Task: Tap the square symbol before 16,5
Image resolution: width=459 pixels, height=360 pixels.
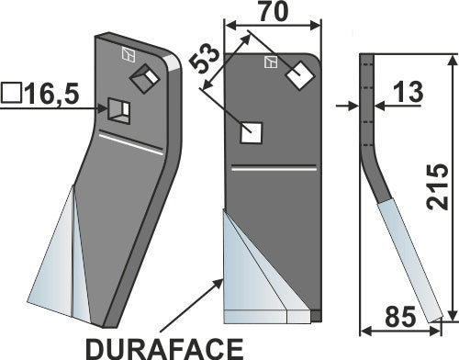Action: click(x=12, y=93)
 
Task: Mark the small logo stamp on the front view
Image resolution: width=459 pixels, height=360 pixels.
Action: click(x=271, y=62)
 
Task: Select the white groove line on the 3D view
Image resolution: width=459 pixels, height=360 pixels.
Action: click(x=133, y=144)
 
